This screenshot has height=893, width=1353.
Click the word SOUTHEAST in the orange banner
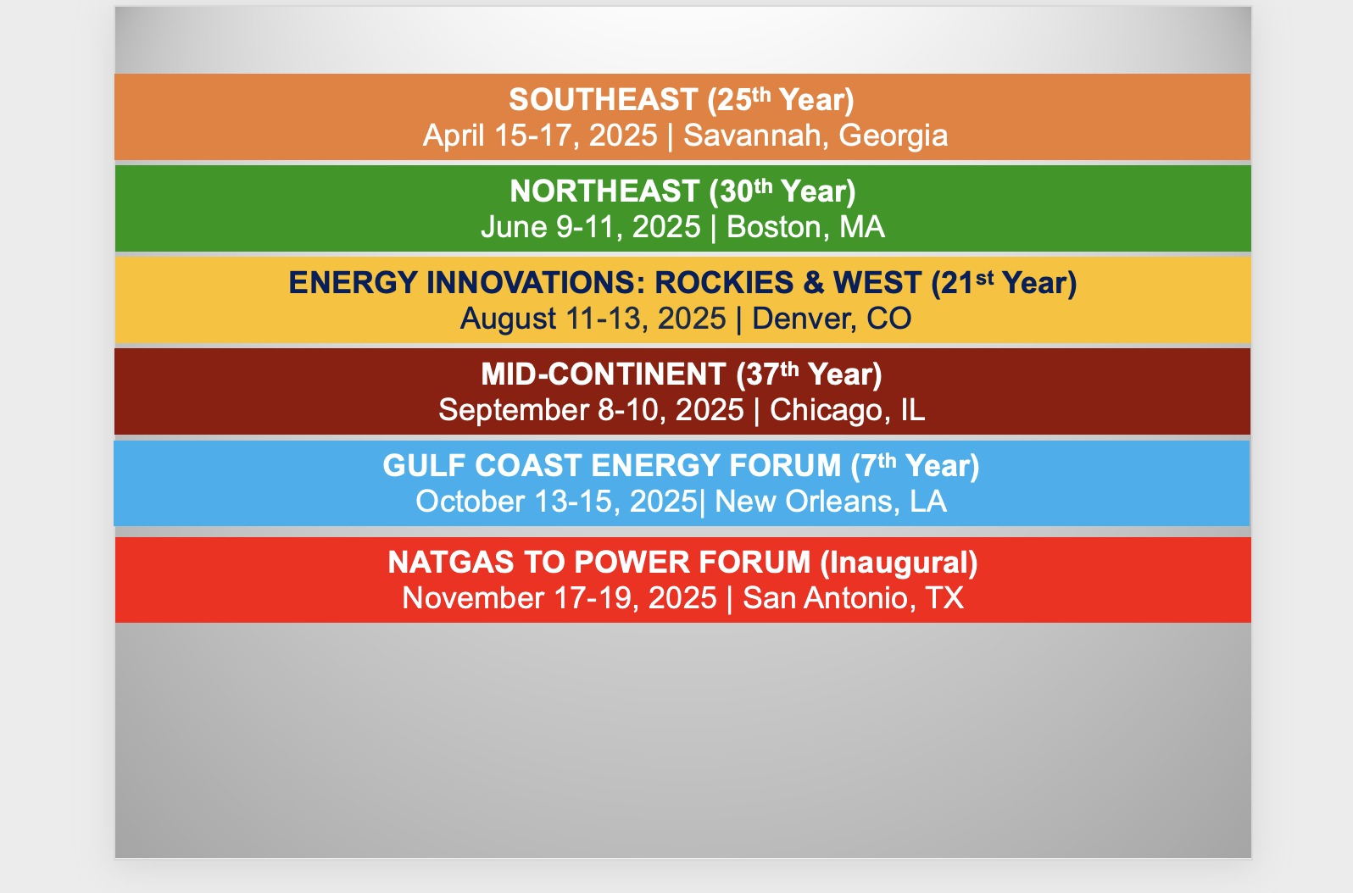point(604,100)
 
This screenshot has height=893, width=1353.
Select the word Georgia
point(894,136)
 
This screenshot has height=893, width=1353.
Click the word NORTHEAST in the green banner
point(604,191)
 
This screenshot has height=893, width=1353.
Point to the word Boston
point(774,228)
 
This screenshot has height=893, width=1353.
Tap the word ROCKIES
point(724,283)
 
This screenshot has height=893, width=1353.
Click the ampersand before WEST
point(814,283)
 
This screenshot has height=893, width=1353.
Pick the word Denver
point(797,319)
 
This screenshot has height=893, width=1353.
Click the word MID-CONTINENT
point(603,374)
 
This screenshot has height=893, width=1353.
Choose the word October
point(470,502)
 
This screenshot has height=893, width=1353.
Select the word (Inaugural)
point(899,563)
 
